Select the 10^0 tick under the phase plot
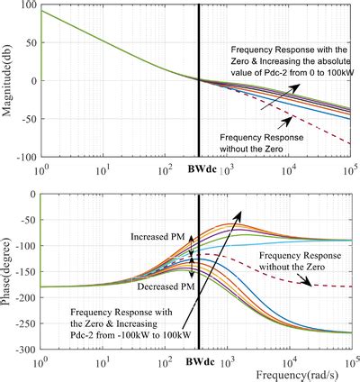40,360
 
